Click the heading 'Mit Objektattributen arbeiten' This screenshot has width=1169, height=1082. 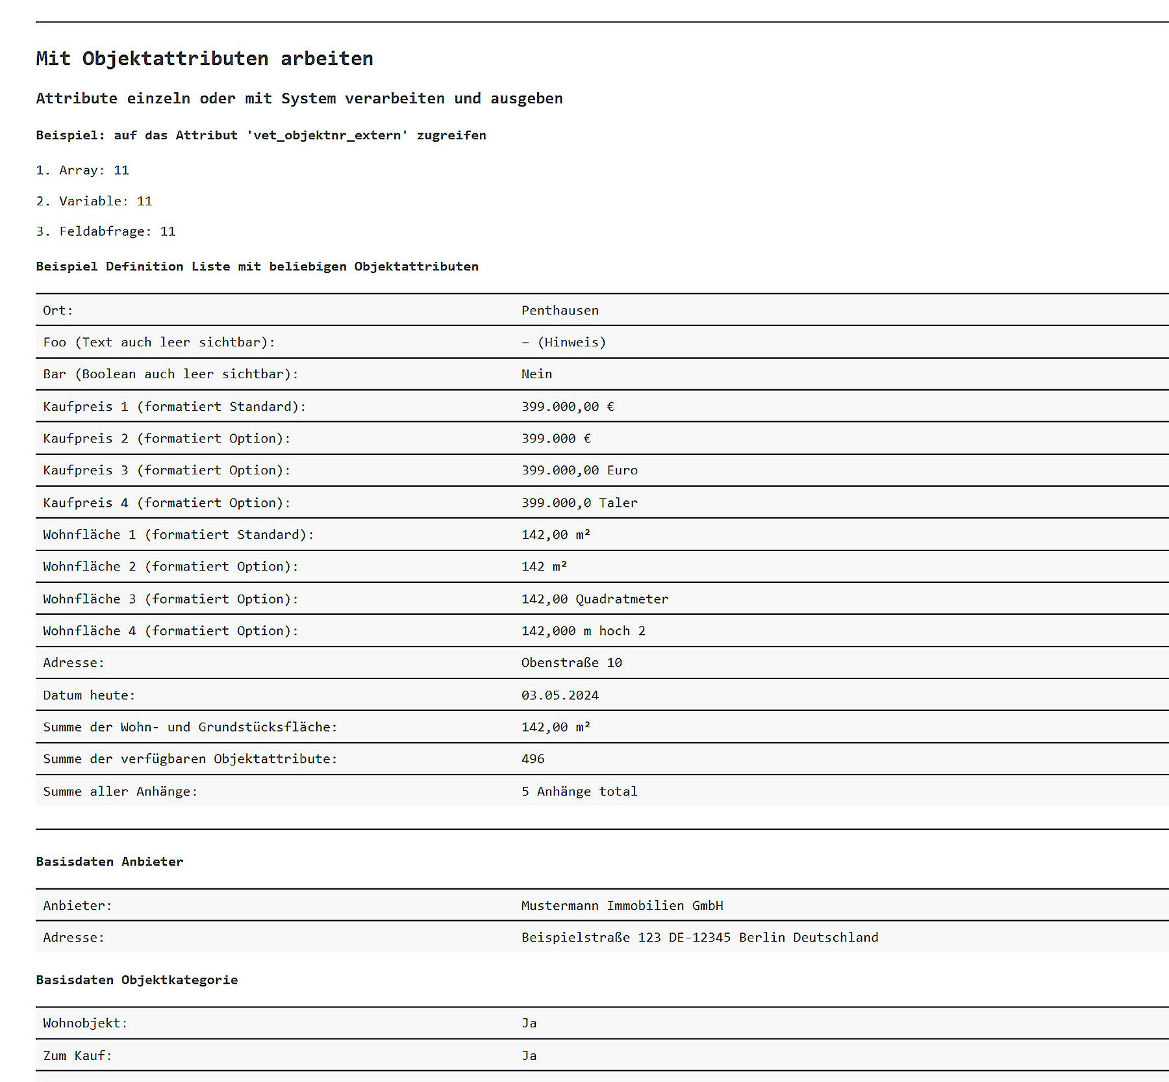pyautogui.click(x=205, y=58)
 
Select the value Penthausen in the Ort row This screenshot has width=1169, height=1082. pyautogui.click(x=560, y=310)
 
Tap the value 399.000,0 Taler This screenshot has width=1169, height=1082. pyautogui.click(x=579, y=502)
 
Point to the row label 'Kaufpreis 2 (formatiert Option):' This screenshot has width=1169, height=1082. pyautogui.click(x=167, y=438)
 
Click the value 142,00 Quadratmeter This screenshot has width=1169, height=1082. pyautogui.click(x=594, y=599)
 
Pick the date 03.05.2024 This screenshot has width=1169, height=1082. pyautogui.click(x=560, y=695)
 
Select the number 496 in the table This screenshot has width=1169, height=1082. pyautogui.click(x=533, y=758)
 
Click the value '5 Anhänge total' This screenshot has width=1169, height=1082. pyautogui.click(x=579, y=791)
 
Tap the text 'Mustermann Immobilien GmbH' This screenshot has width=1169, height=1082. pyautogui.click(x=622, y=905)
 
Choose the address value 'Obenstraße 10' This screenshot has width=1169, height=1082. pyautogui.click(x=572, y=662)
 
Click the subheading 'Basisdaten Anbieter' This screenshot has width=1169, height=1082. pyautogui.click(x=110, y=861)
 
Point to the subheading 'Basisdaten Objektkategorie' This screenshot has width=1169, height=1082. pyautogui.click(x=137, y=979)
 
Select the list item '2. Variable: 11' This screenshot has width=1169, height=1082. pyautogui.click(x=94, y=201)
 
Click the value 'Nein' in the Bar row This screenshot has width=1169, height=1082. pyautogui.click(x=536, y=374)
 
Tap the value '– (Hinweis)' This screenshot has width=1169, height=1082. pyautogui.click(x=564, y=342)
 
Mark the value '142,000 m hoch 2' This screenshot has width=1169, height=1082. pyautogui.click(x=583, y=630)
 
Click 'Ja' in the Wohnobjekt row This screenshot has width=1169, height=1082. pyautogui.click(x=529, y=1023)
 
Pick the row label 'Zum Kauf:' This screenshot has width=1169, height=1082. pyautogui.click(x=78, y=1055)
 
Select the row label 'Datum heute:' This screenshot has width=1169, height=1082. pyautogui.click(x=89, y=695)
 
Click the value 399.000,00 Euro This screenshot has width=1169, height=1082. pyautogui.click(x=579, y=470)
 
